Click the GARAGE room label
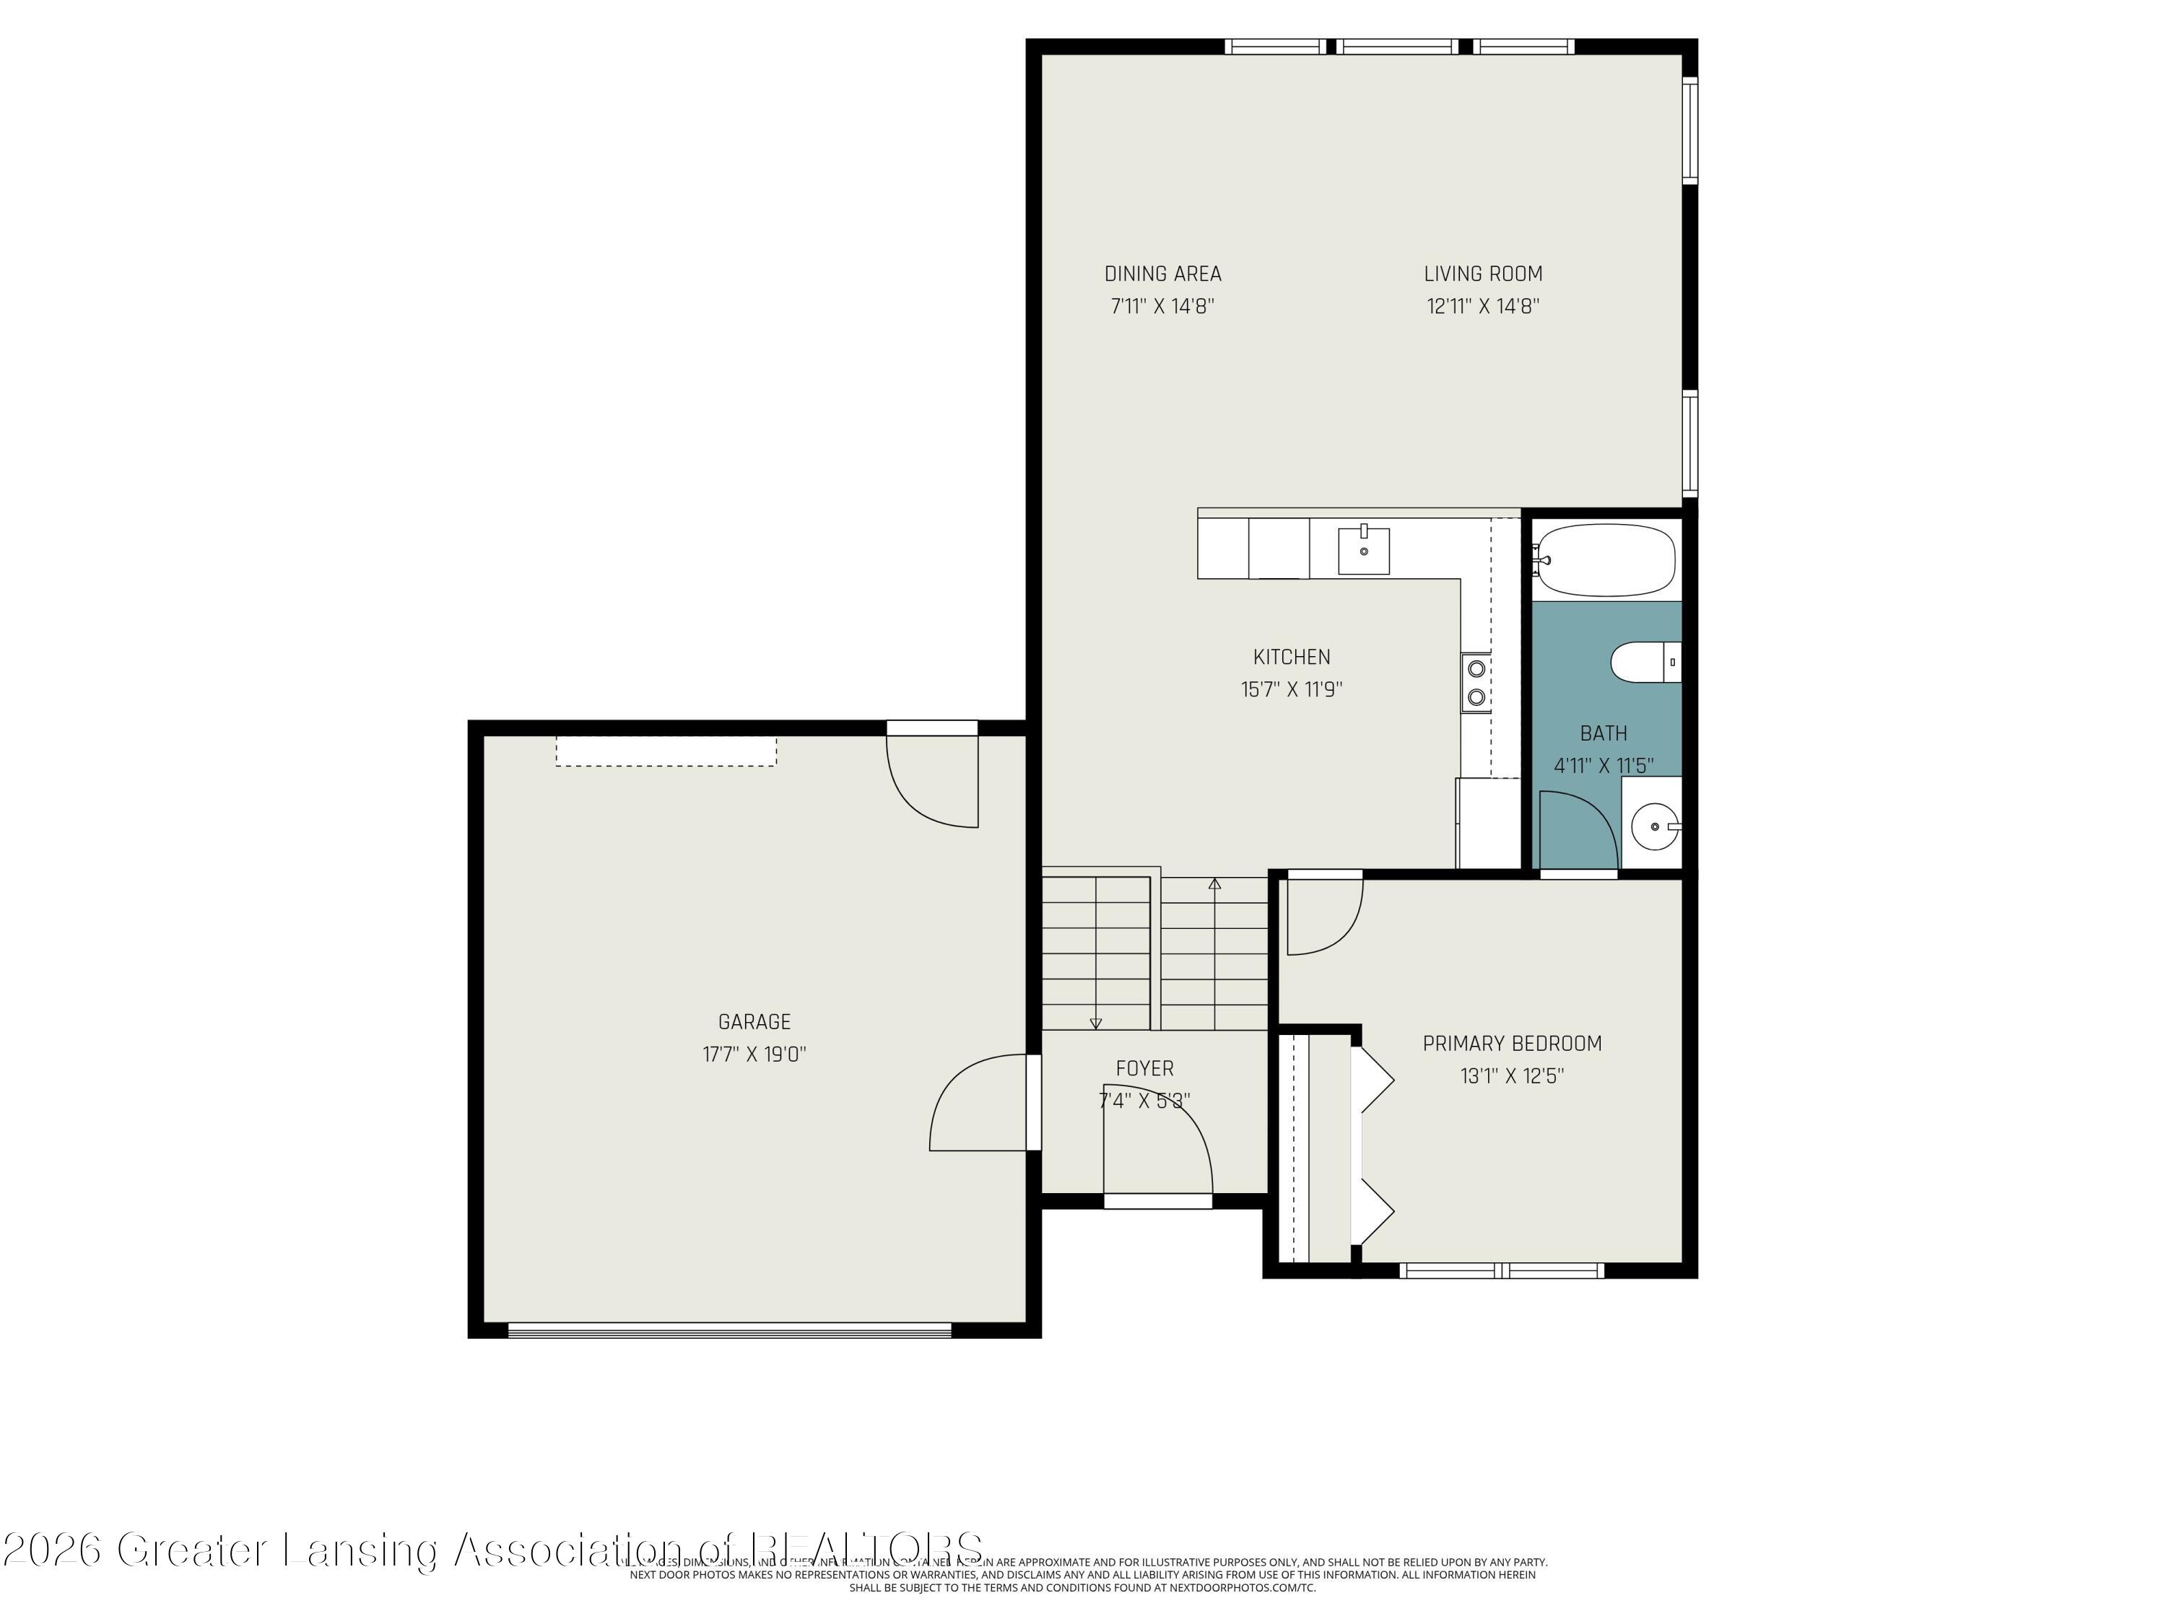point(753,1022)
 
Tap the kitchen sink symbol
point(1363,551)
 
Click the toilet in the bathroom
point(1643,662)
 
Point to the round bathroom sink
point(1654,826)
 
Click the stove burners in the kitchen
point(1476,682)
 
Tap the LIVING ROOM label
point(1482,274)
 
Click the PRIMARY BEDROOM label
point(1511,1044)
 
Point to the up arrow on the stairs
point(1214,885)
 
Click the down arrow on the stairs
point(1095,1023)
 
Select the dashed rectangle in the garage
point(666,751)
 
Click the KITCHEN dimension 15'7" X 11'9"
point(1291,689)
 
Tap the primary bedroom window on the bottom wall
point(1500,1270)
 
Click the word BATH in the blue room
point(1603,733)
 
